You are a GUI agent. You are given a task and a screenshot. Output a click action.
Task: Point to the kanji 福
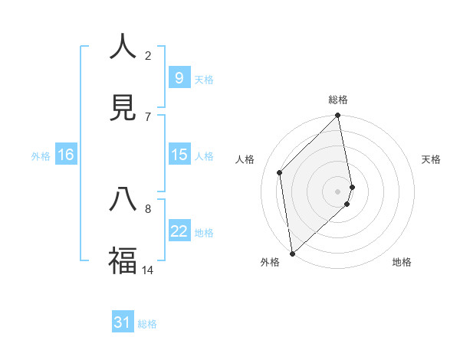(123, 261)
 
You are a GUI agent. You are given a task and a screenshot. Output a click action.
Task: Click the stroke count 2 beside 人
(148, 55)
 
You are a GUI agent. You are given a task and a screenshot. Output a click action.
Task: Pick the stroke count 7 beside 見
(148, 116)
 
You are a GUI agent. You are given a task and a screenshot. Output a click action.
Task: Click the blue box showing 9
(179, 78)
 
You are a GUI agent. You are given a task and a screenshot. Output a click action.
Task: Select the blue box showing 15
(179, 155)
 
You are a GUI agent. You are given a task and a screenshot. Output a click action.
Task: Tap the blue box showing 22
(179, 231)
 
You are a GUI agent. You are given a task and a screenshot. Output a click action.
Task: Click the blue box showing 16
(66, 155)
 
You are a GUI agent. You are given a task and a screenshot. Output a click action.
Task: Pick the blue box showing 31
(123, 323)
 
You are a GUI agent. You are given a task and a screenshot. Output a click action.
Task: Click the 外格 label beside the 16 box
(41, 155)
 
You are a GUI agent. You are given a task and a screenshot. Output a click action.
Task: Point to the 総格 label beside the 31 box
(147, 324)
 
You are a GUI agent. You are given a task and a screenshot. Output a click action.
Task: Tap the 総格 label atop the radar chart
(338, 100)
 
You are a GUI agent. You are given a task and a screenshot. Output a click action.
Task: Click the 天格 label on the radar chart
(432, 159)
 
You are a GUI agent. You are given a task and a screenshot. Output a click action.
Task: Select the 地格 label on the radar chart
(402, 262)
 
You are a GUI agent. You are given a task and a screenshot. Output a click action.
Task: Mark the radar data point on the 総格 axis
(338, 116)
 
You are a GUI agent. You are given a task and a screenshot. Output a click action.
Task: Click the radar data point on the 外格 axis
(292, 253)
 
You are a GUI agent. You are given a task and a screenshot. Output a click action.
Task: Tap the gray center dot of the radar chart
(338, 191)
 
